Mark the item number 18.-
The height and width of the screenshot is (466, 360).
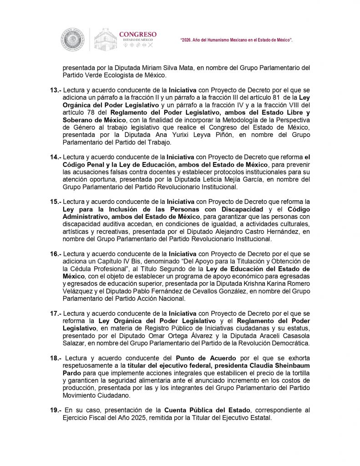point(56,358)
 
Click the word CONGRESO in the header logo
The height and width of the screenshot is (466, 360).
point(137,34)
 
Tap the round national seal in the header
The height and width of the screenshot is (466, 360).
point(73,40)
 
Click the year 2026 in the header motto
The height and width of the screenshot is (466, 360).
point(188,41)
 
